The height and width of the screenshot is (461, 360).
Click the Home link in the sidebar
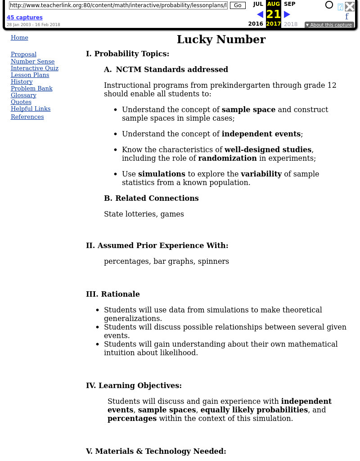[19, 38]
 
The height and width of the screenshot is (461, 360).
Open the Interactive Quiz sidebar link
[35, 68]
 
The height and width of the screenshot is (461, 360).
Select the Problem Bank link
[31, 89]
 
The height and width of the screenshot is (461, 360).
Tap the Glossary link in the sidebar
[23, 95]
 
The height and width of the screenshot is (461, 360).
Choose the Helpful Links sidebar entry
[31, 109]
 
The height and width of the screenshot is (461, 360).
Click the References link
[27, 117]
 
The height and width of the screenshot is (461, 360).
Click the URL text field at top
[118, 5]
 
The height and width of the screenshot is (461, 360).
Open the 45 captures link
[24, 18]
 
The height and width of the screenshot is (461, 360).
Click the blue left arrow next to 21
[260, 14]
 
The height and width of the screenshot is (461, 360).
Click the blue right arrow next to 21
[287, 14]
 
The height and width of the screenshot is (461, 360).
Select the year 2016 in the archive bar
[256, 24]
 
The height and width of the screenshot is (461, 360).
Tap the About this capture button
[329, 25]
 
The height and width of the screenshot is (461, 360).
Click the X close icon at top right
[350, 6]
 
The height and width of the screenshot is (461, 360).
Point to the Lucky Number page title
[221, 40]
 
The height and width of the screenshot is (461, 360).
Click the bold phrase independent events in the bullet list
[261, 134]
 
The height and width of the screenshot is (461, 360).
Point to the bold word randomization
[227, 158]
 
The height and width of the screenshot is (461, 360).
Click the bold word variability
[261, 174]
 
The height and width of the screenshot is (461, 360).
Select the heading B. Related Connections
[151, 199]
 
